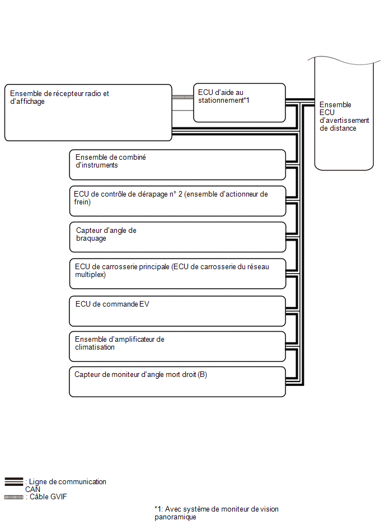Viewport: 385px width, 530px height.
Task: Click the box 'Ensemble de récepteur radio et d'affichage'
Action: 88,113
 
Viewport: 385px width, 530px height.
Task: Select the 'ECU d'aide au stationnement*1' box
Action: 240,103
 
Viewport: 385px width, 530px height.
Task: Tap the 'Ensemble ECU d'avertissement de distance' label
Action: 344,116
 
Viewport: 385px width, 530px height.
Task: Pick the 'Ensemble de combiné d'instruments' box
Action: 177,165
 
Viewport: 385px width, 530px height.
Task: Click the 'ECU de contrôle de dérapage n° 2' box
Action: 177,201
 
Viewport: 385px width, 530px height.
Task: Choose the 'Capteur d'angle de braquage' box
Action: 177,237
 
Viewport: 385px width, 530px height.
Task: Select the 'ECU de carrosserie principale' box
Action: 177,274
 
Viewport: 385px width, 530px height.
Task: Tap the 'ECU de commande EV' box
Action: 177,311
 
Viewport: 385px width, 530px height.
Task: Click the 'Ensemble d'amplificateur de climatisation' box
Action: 177,346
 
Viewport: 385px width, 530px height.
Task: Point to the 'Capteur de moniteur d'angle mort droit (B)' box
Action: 177,382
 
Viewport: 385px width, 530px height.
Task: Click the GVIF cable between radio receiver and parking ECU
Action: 182,97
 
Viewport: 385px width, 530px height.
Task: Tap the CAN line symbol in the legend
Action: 14,481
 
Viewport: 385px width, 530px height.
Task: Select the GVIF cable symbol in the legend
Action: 14,497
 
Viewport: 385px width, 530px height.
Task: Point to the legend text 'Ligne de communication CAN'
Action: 65,485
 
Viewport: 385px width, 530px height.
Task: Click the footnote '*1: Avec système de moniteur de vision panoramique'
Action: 217,513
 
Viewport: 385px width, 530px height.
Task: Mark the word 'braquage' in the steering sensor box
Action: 91,238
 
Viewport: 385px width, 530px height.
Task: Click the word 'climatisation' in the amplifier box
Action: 95,347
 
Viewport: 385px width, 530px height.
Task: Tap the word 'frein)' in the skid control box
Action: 82,202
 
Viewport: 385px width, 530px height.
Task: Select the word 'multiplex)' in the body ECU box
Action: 91,275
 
